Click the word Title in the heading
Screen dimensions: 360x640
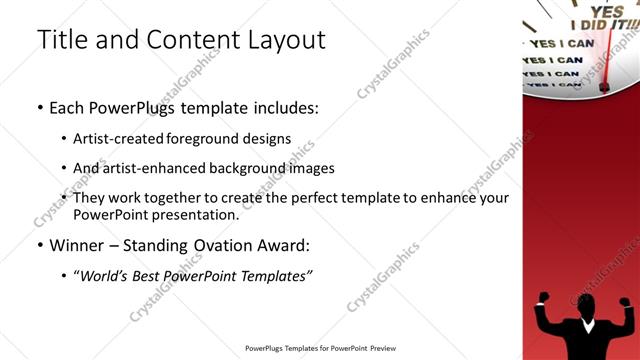point(59,40)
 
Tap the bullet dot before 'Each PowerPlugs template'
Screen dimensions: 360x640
point(40,108)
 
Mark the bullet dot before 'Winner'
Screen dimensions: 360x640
point(40,245)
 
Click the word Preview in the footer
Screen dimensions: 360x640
point(382,348)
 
